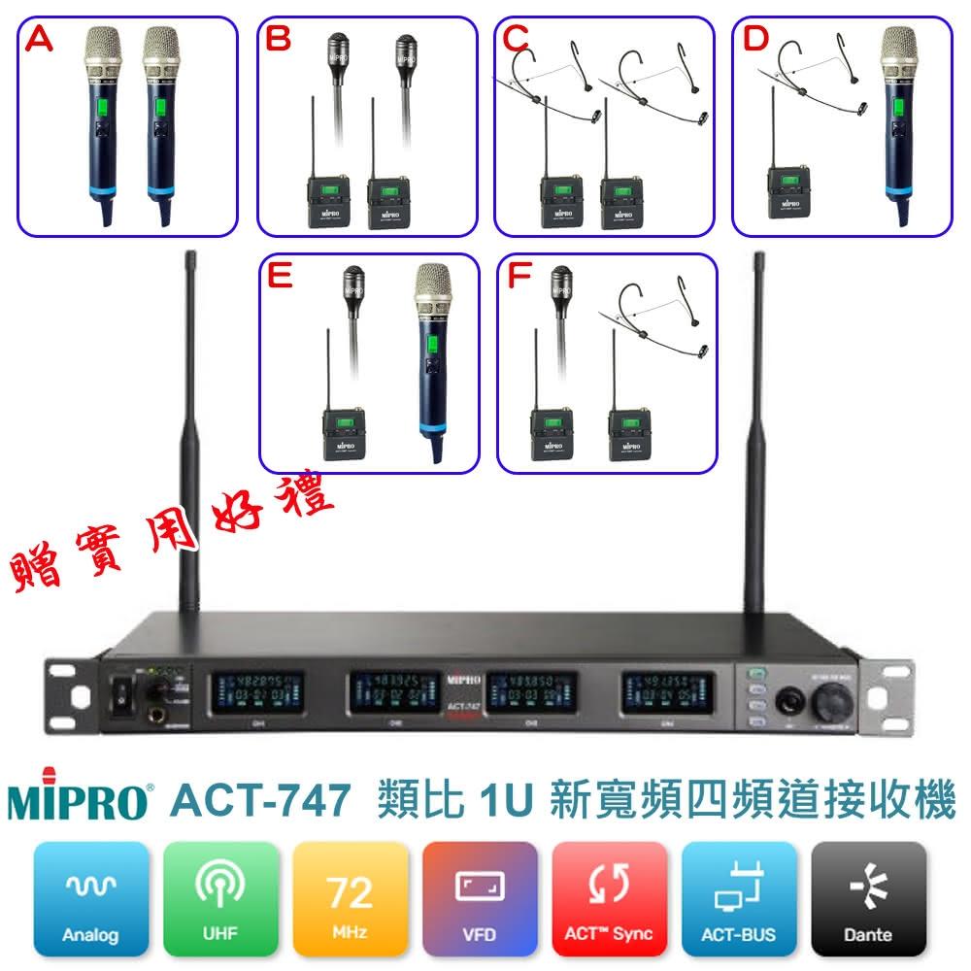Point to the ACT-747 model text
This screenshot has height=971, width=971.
[259, 803]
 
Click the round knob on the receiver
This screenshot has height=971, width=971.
[830, 700]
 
